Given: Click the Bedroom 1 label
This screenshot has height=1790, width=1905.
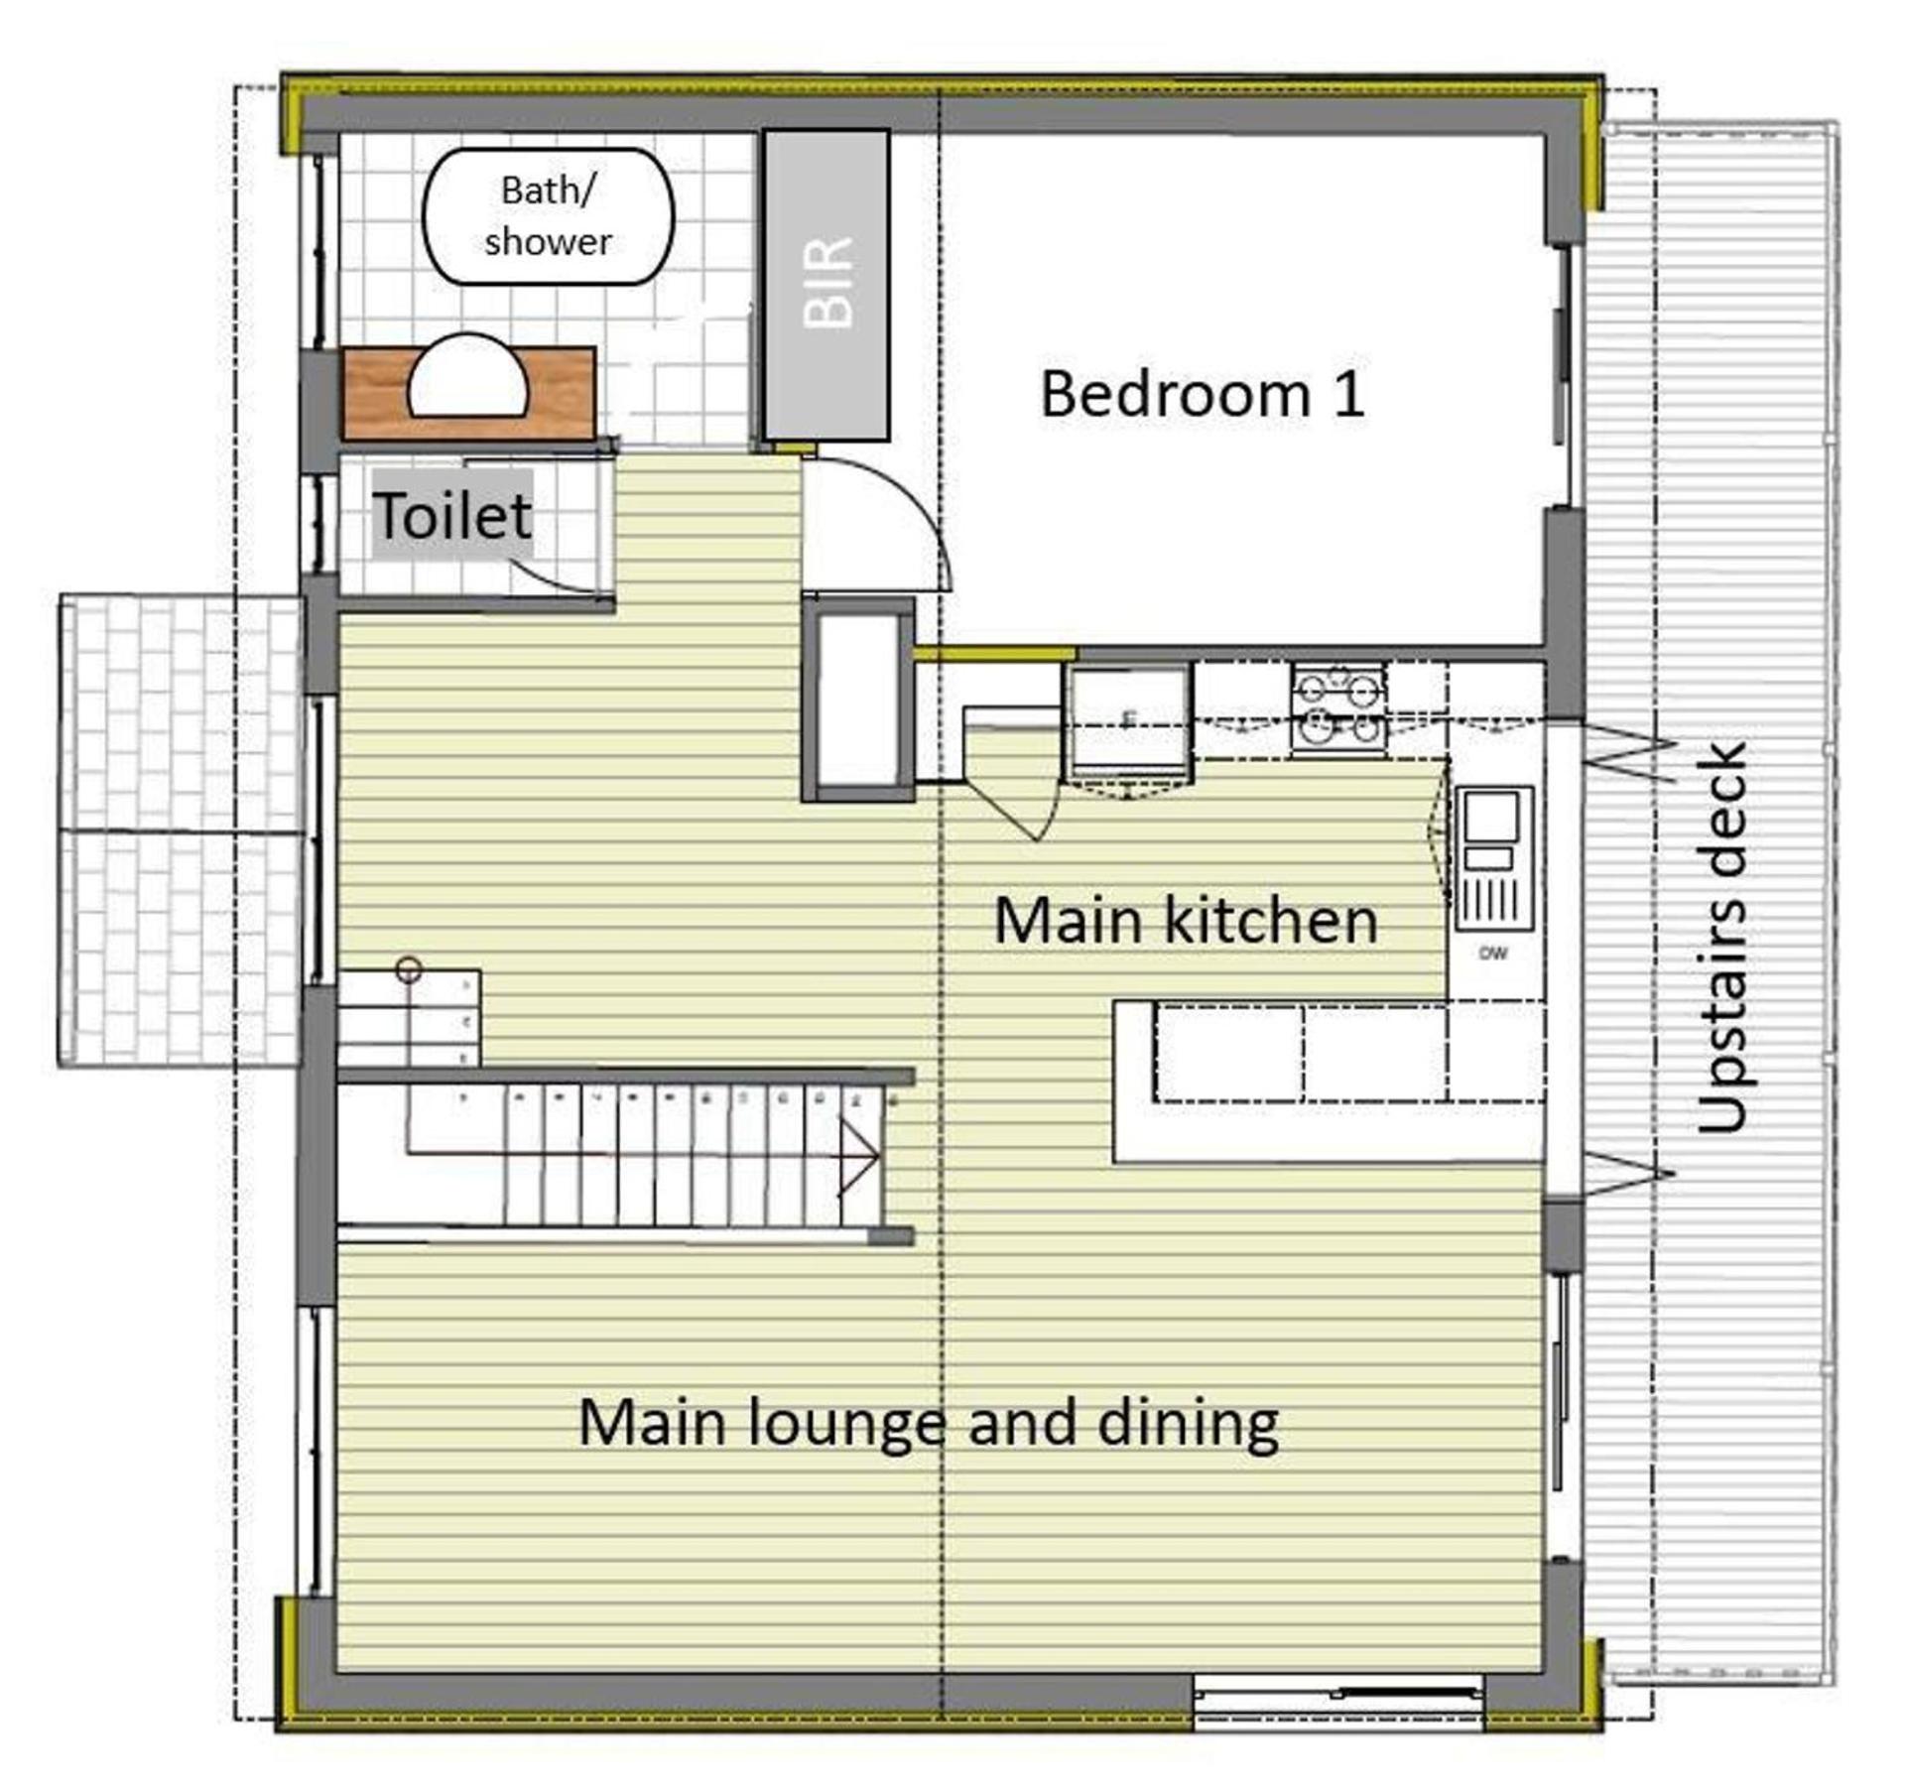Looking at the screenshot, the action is pos(1202,394).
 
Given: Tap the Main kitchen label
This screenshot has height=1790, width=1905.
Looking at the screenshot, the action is pos(1186,921).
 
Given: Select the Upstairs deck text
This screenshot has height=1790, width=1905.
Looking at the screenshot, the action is pos(1721,938).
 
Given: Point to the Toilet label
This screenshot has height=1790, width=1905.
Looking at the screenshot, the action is pos(452,515).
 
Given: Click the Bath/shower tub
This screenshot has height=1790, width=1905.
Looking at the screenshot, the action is pos(549,216).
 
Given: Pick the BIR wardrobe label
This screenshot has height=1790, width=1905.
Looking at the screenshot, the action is pos(826,283).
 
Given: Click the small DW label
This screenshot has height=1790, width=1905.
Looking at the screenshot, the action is pos(1493,954).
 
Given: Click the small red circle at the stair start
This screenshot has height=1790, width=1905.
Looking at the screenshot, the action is pos(408,970).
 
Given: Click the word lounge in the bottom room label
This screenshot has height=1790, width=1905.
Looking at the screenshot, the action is pos(844,1426).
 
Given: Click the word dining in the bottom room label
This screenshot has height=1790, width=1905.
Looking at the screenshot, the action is pos(1188,1426).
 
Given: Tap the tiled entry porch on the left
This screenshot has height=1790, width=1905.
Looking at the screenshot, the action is pos(180,831).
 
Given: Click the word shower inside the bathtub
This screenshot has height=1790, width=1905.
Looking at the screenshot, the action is pos(548,241).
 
